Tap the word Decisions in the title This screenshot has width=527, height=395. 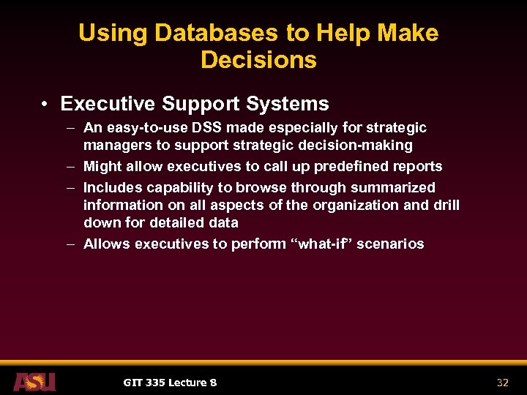pyautogui.click(x=258, y=60)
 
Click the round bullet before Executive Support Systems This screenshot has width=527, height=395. pyautogui.click(x=46, y=105)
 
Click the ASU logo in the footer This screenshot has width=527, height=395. pyautogui.click(x=34, y=381)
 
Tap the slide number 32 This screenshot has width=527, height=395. pyautogui.click(x=502, y=382)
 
